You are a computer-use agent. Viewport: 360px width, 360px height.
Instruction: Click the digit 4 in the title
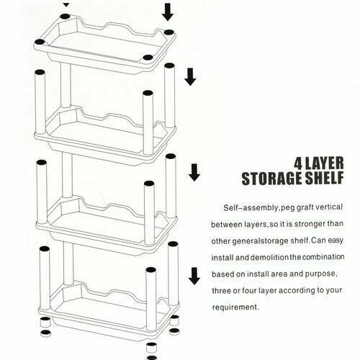coord(299,163)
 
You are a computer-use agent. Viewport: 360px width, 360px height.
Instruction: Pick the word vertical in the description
coord(329,207)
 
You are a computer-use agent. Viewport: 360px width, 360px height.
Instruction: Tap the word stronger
coord(310,224)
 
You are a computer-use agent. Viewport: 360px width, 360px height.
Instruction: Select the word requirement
coord(235,307)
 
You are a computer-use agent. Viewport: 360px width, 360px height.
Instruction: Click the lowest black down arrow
coord(194,276)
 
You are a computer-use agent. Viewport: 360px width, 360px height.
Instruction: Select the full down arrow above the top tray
coord(168,12)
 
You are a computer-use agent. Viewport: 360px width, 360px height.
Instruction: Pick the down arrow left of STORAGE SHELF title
coord(194,172)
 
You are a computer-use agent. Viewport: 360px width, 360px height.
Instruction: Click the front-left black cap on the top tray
coord(40,42)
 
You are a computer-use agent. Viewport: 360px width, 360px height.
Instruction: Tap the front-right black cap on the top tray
coord(148,58)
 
